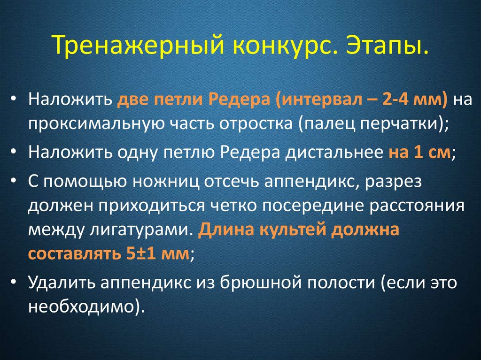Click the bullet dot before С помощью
(16, 181)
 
